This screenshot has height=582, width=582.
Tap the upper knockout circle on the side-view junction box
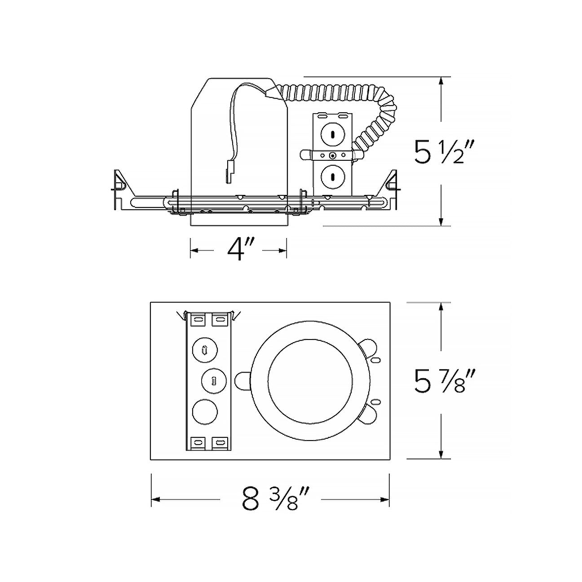click(332, 134)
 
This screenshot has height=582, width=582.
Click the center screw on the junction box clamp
click(332, 156)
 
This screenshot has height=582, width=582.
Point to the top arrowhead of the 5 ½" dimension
click(442, 83)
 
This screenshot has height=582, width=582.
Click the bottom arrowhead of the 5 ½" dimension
click(442, 220)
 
